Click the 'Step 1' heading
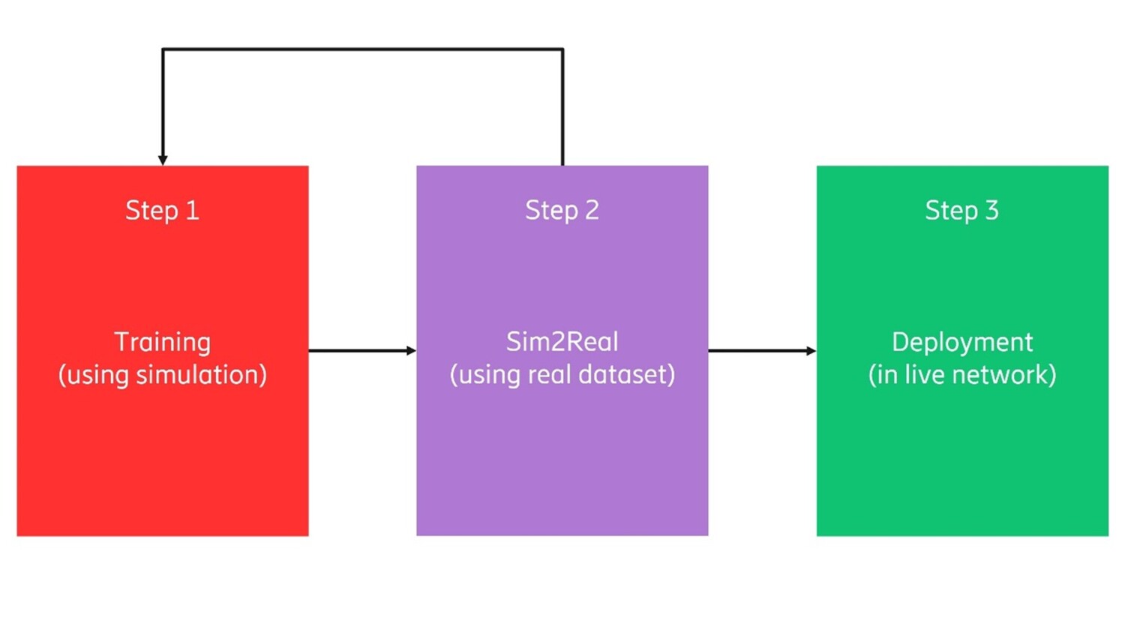click(162, 211)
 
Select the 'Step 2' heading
click(562, 211)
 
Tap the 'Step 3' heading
click(961, 211)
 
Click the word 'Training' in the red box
click(162, 342)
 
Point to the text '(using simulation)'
click(162, 374)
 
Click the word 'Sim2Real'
click(562, 342)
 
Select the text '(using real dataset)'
click(562, 374)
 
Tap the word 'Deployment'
click(961, 342)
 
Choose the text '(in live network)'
click(961, 374)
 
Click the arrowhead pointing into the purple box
click(411, 350)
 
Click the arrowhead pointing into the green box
click(811, 350)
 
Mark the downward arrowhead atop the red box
click(163, 160)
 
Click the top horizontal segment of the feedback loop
click(362, 49)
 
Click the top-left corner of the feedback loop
click(163, 49)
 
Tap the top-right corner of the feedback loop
click(562, 49)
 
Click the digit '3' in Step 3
click(991, 211)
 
